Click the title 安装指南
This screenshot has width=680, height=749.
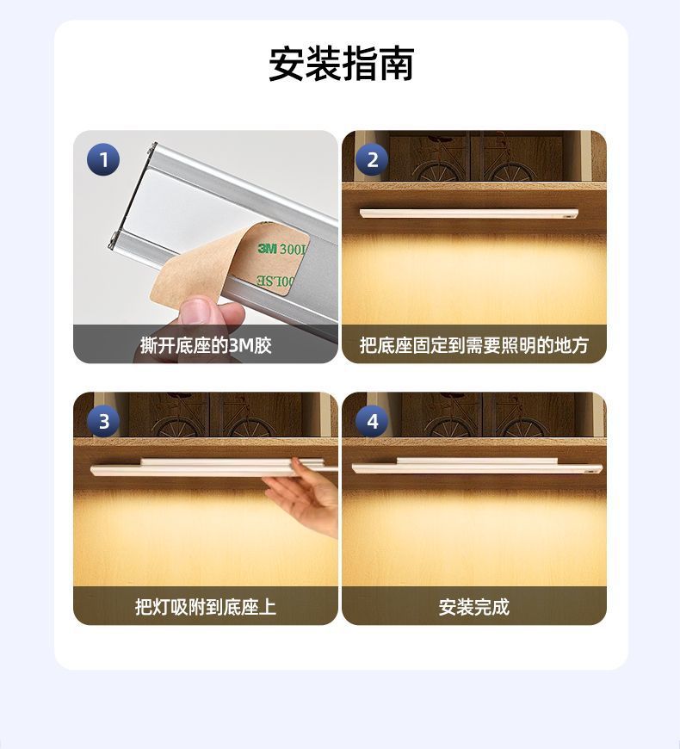point(341,65)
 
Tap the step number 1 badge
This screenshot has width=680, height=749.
point(103,159)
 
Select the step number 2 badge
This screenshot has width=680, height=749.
point(372,159)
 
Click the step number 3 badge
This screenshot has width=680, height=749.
point(103,421)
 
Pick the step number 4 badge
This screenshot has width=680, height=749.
point(372,421)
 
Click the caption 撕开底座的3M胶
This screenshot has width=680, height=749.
point(206,346)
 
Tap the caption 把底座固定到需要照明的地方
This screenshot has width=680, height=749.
point(474,346)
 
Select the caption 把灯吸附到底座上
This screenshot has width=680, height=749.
point(206,607)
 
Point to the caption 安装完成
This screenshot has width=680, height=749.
point(474,607)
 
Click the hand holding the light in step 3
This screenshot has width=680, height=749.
point(306,495)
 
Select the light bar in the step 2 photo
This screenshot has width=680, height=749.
point(469,213)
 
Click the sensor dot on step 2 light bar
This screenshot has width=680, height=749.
point(568,215)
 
